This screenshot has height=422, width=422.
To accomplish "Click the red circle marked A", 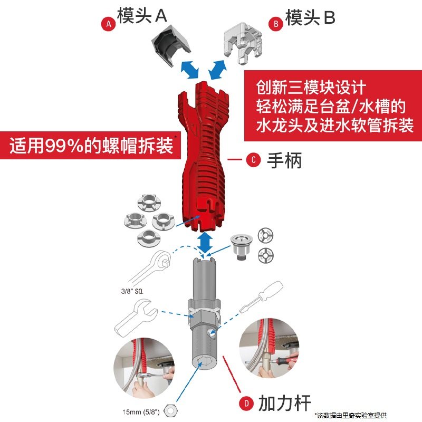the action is (108, 24).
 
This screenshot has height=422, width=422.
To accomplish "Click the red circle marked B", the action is (275, 24).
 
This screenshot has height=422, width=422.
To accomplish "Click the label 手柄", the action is (285, 160).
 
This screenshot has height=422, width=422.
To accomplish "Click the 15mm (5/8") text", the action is (142, 411).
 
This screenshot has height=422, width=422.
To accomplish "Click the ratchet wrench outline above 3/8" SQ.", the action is (151, 266).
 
